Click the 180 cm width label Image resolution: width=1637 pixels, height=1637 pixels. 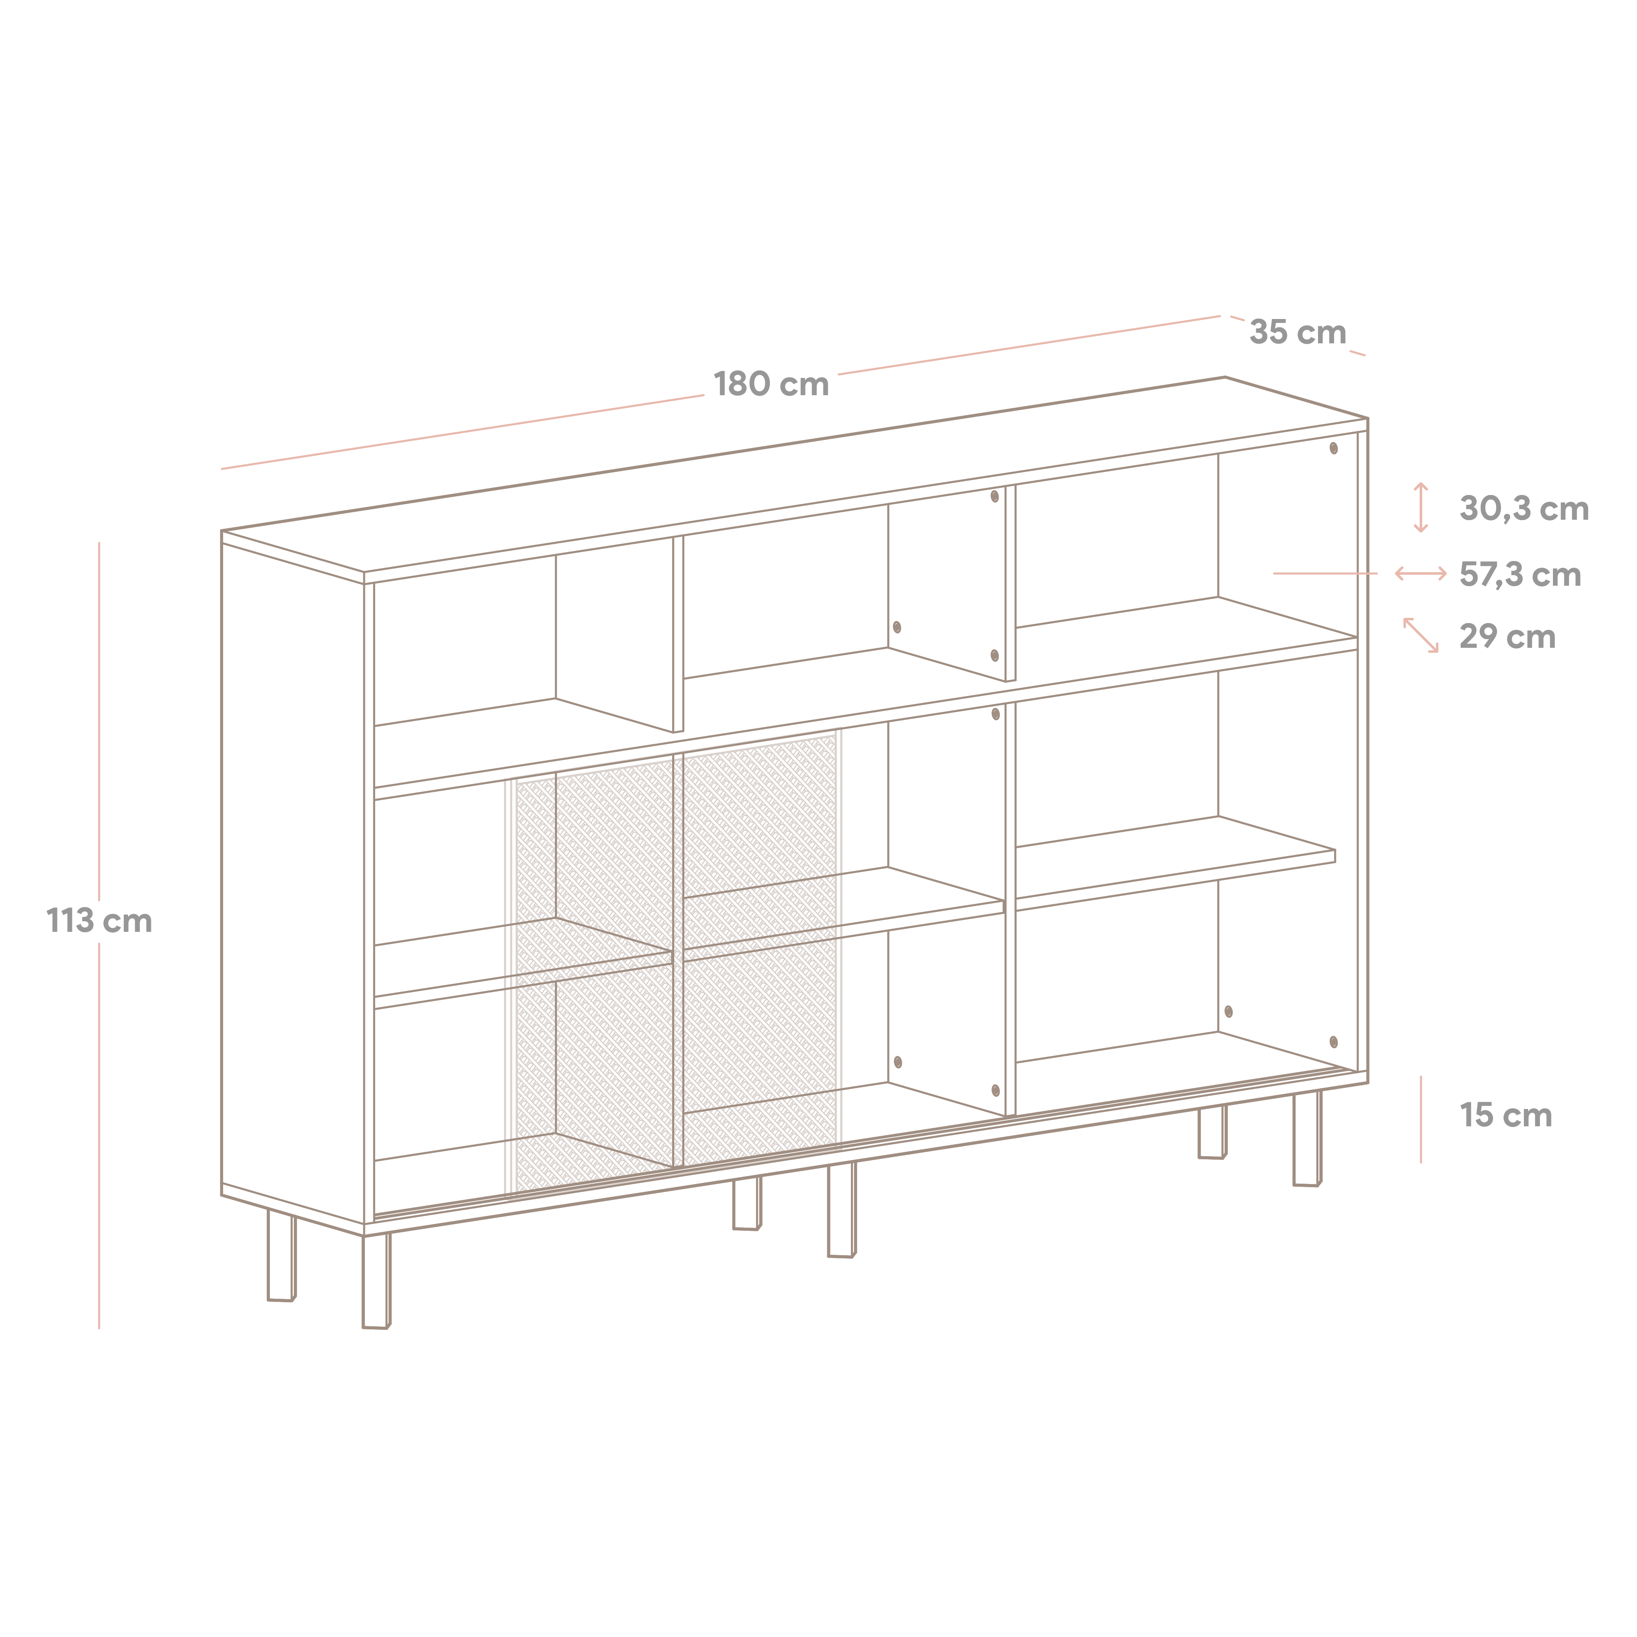tap(771, 384)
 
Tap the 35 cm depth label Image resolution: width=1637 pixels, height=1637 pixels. tap(1298, 332)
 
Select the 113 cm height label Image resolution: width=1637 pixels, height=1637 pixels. tap(99, 921)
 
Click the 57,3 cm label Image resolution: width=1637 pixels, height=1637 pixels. tap(1520, 574)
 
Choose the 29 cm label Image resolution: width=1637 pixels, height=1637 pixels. tap(1507, 636)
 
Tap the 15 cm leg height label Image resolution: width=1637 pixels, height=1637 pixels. tap(1506, 1115)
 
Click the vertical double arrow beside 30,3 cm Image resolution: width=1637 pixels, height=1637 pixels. tap(1421, 508)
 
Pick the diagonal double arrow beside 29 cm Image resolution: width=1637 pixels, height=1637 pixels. tap(1421, 636)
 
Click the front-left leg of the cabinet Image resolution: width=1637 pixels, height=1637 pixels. tap(376, 1280)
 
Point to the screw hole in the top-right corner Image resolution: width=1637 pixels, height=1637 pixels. tap(1334, 448)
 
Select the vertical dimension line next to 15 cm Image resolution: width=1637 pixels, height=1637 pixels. tap(1421, 1119)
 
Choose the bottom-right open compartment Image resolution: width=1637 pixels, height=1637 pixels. tap(1186, 998)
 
